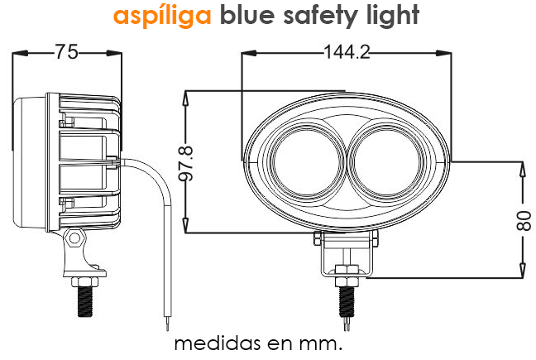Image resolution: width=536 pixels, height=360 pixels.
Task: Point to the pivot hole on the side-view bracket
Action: tap(75, 239)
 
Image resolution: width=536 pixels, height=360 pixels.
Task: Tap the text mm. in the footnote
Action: tap(326, 343)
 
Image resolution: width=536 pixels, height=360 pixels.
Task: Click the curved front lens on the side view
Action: tap(18, 161)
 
